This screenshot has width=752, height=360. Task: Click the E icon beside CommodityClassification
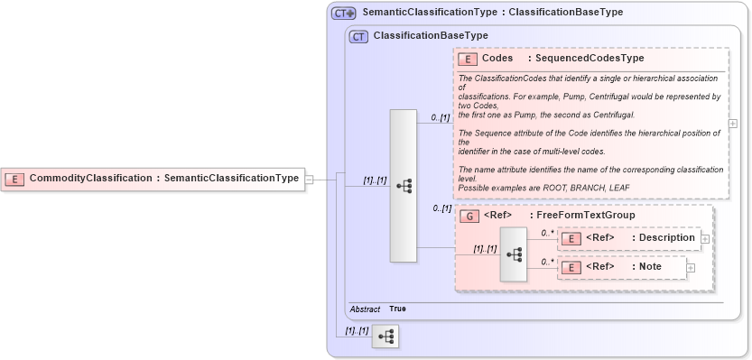[15, 179]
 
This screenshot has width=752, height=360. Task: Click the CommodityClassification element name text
[90, 179]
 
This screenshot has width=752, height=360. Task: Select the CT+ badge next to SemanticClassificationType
[343, 13]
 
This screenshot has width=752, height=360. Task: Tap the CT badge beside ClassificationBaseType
[358, 36]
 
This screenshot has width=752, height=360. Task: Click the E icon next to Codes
[468, 59]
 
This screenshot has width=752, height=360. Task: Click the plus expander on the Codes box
[733, 124]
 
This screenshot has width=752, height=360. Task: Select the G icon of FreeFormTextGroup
[469, 216]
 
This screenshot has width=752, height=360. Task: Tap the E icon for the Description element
[571, 238]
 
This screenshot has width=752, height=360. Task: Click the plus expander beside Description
[705, 238]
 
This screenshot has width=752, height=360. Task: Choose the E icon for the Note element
[571, 267]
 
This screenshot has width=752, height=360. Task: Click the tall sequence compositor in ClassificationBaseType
[403, 186]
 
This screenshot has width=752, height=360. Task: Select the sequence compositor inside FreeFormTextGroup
[514, 254]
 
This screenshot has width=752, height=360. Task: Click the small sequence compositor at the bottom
[385, 337]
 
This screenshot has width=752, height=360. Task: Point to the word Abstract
[365, 309]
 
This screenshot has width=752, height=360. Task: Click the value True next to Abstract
[397, 309]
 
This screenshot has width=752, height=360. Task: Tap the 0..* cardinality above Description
[547, 233]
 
